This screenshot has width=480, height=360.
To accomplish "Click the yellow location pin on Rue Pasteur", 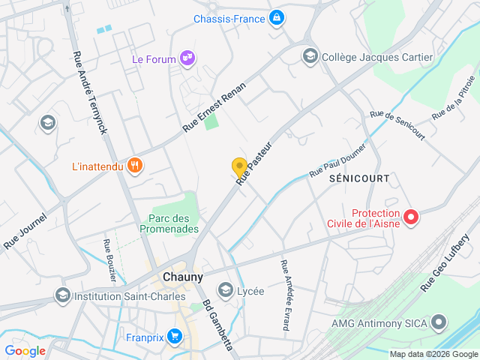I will [x=239, y=168].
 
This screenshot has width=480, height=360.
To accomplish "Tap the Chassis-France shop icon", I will [x=277, y=16].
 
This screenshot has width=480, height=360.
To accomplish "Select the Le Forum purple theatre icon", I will [x=187, y=58].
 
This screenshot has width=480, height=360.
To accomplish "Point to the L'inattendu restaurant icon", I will [x=135, y=166].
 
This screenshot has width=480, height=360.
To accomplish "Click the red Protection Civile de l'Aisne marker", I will [x=411, y=217].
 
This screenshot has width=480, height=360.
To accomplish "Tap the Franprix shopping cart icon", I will [x=175, y=337].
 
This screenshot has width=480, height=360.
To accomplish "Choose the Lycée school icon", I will [x=225, y=290].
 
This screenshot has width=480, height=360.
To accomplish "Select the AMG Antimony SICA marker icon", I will [x=439, y=323].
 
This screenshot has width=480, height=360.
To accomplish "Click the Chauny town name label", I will [x=182, y=277].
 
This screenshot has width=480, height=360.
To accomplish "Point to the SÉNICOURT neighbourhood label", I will [x=359, y=178].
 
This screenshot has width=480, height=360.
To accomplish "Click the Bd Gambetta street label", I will [x=217, y=326].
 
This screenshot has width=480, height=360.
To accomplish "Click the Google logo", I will [x=25, y=351].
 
